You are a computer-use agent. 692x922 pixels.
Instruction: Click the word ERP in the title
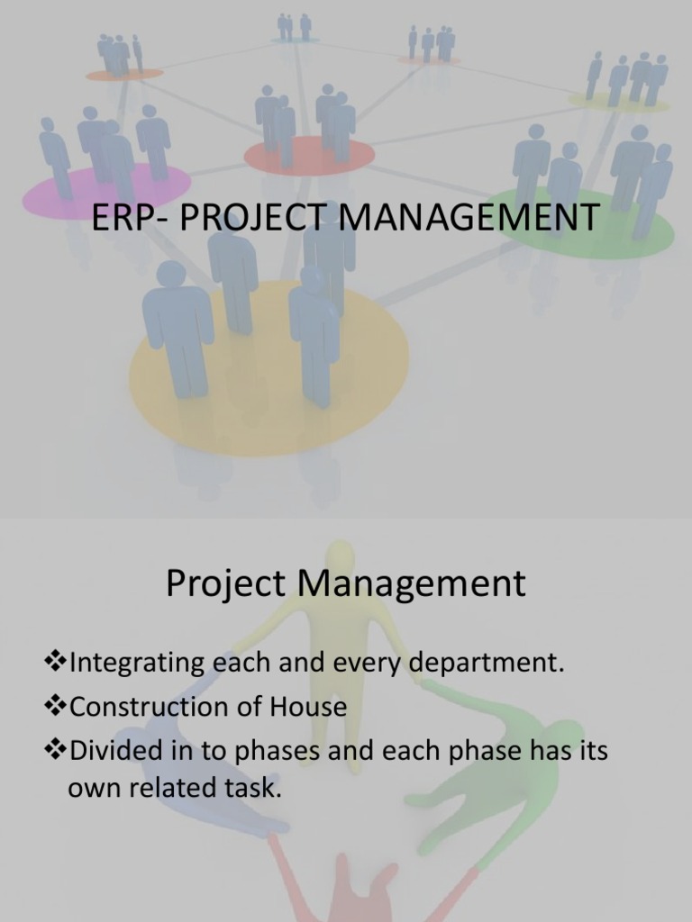point(119,218)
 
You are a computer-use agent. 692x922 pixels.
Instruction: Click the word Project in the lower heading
point(225,584)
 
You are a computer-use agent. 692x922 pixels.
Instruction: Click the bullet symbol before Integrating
point(55,664)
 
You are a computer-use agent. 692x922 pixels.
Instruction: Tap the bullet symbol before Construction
point(55,706)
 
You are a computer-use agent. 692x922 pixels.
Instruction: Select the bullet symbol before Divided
point(55,749)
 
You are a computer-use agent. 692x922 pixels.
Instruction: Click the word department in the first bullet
point(487,665)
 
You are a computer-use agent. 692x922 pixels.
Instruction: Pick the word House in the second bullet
point(307,707)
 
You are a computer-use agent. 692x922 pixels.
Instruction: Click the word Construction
point(146,707)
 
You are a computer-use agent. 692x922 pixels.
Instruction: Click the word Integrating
point(137,665)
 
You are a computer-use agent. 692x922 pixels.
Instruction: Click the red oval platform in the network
point(309,156)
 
